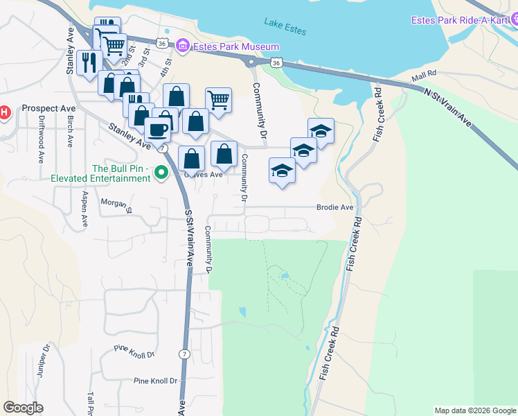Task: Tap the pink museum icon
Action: point(182,46)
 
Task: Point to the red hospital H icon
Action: point(3,111)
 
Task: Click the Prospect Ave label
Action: point(48,108)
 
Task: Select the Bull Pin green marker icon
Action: point(161,173)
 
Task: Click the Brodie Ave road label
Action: point(335,207)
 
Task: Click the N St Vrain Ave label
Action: point(449,109)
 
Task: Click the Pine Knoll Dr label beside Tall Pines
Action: point(155,381)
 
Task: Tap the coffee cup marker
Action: point(157,130)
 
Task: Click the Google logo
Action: point(23,408)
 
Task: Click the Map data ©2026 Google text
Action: point(474,410)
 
